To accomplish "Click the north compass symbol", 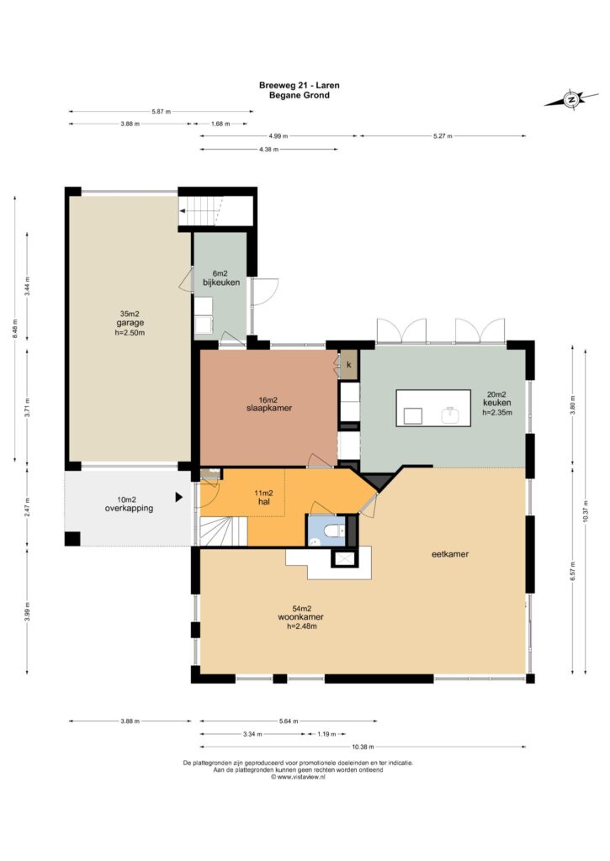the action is point(571,99).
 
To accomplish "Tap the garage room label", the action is point(130,323).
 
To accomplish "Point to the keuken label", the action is point(496,403).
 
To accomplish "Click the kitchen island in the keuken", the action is point(433,408).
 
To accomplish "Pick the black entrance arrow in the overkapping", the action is point(178,497).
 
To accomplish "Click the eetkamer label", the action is point(450,554).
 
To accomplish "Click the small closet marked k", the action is point(348,364).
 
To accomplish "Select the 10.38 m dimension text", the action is point(363,747).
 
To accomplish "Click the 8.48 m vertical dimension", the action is point(15,329).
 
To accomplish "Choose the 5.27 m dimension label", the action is point(443,135).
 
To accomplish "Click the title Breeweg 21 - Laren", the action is point(299,85).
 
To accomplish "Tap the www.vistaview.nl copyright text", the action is point(299,777).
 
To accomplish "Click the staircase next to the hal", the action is point(223,531).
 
